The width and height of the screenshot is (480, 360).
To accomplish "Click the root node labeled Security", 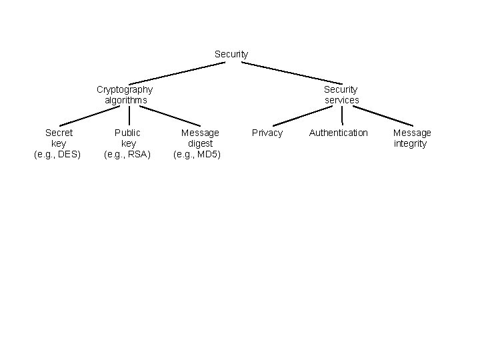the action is pos(231,54).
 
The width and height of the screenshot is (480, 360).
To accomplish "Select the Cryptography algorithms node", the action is pos(125,95).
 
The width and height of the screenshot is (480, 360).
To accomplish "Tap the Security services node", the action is pos(341,95).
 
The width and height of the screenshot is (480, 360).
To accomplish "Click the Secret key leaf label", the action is pos(58,143).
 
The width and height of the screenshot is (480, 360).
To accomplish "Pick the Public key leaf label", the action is pos(128,143).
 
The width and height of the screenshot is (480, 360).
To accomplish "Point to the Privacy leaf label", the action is pos(267,133).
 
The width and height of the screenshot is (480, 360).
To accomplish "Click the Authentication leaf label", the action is pos(338,133).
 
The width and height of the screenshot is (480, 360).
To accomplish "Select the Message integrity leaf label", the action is pos(411,138).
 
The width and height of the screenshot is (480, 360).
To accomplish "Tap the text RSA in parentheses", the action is pos(138,155).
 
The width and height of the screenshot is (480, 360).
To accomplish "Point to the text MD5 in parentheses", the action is pos(208,155).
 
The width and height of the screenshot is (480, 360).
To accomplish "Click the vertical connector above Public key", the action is pos(129,116).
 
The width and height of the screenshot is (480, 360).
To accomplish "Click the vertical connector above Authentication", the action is pos(342,116).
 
